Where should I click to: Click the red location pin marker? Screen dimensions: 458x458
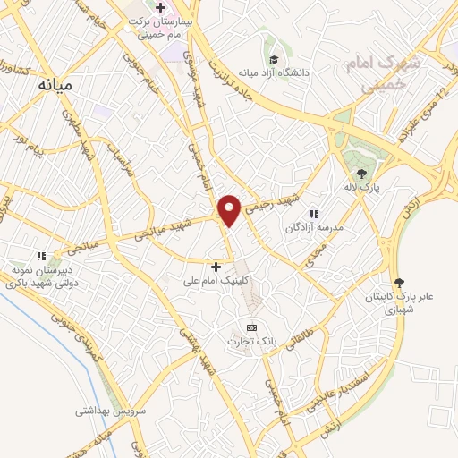click(230, 209)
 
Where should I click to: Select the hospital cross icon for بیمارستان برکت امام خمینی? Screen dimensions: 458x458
click(161, 8)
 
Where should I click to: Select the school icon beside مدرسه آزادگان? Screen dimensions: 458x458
click(313, 214)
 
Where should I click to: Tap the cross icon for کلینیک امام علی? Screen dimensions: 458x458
click(216, 266)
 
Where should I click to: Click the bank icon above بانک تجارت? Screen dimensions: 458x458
click(251, 327)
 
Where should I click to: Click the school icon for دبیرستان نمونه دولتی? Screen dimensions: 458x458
click(39, 255)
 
